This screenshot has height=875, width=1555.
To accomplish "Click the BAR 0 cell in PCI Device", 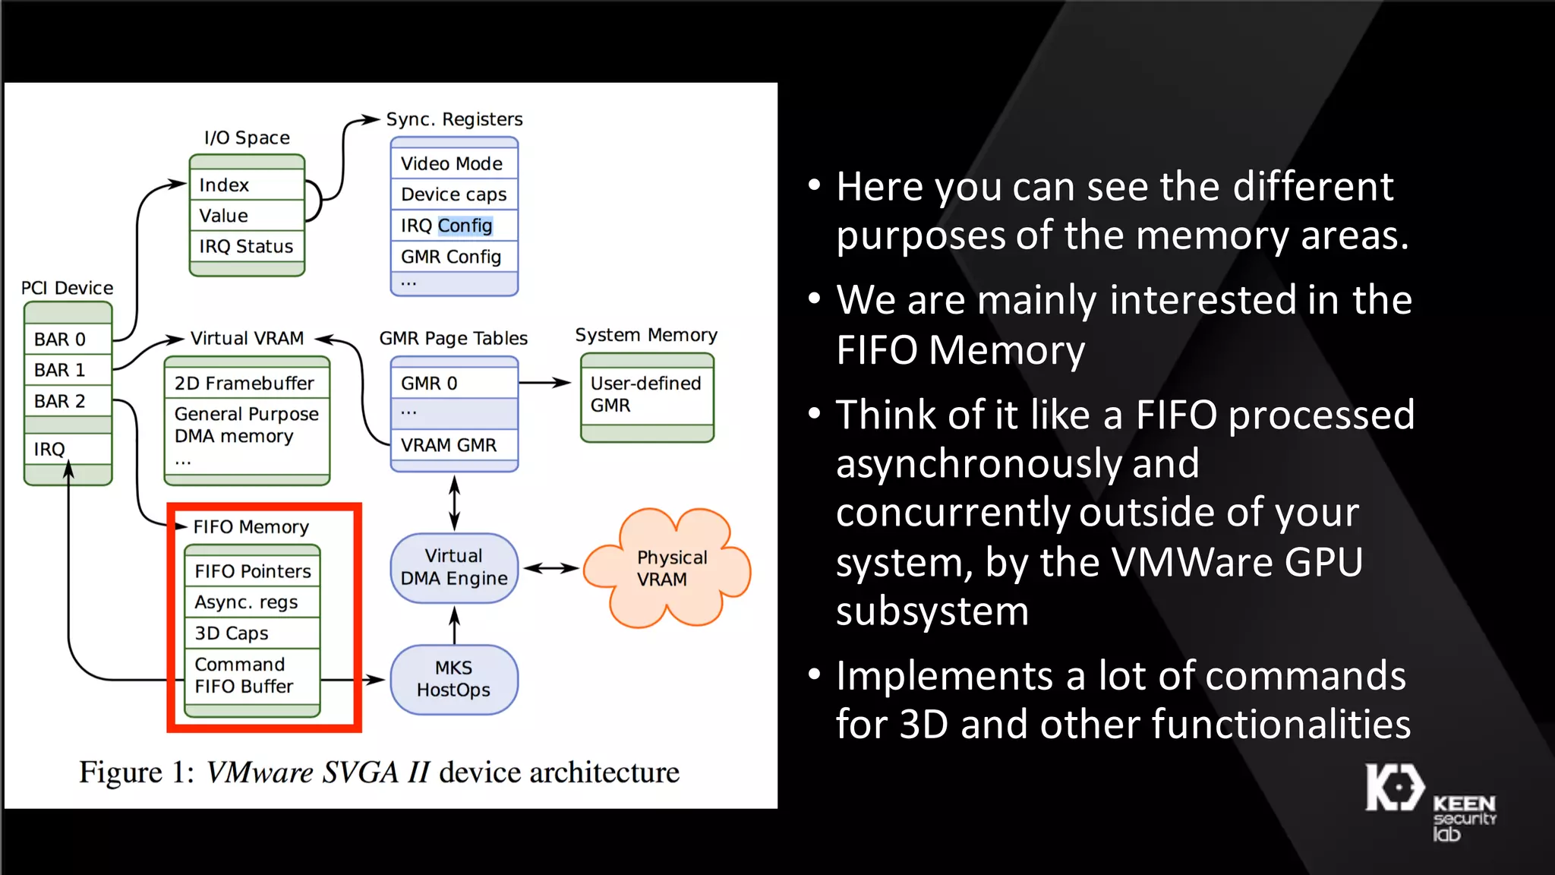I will pos(68,340).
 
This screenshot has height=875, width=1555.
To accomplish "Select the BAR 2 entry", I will pos(68,401).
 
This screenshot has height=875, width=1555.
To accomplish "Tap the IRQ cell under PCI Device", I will pos(68,449).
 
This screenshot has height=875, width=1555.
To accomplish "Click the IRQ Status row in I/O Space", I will pos(246,247).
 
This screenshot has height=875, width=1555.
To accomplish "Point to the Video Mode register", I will pos(453,164).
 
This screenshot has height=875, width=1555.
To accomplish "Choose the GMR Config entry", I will pos(453,257).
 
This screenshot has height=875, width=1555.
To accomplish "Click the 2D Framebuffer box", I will pos(246,384).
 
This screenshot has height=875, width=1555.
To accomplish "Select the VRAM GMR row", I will pos(453,445).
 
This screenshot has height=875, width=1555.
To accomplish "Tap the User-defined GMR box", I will pos(646,394).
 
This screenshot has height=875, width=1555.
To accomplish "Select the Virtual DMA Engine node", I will pos(454,567).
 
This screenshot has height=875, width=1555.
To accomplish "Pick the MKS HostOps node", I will pos(454,679).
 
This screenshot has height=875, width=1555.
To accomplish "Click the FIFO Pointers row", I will pos(253,571).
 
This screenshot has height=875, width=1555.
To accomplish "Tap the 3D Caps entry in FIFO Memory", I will pos(253,633).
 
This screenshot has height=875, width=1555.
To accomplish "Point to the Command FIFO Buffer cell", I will pos(253,675).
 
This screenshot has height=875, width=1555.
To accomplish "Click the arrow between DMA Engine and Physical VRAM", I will pos(551,568).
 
